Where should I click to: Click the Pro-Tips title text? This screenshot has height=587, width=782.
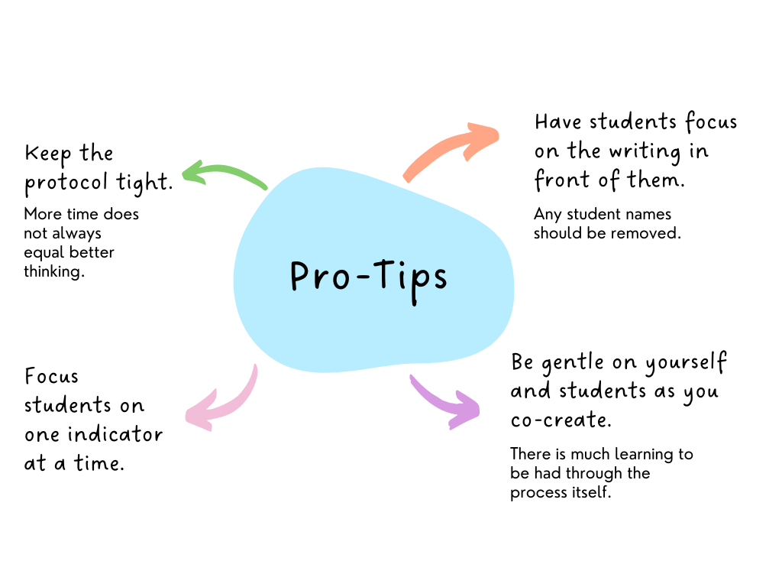pyautogui.click(x=369, y=277)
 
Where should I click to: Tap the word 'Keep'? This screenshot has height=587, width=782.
pyautogui.click(x=47, y=154)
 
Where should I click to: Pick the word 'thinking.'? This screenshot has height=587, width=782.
pyautogui.click(x=53, y=271)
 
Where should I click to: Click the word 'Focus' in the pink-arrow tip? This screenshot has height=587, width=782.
pyautogui.click(x=51, y=377)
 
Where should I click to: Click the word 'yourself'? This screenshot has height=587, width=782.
pyautogui.click(x=685, y=363)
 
